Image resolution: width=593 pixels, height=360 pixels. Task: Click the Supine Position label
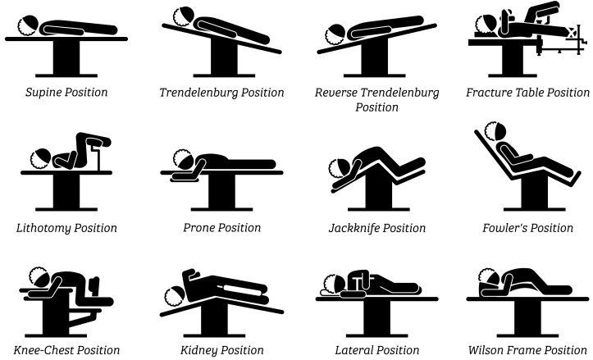tap(66, 93)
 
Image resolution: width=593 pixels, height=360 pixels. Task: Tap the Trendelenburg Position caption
tap(221, 93)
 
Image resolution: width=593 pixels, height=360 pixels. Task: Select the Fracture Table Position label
tap(527, 93)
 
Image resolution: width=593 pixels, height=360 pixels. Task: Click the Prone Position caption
tap(221, 227)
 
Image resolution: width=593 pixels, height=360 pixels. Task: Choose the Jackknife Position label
tap(376, 227)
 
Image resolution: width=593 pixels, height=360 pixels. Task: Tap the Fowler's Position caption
tap(527, 227)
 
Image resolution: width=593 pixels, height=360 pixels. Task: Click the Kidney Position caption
tap(221, 350)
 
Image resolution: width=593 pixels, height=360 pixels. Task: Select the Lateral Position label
tap(376, 350)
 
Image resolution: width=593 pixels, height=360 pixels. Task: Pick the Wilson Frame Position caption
tap(527, 350)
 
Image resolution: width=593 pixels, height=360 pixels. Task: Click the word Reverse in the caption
tap(336, 93)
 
